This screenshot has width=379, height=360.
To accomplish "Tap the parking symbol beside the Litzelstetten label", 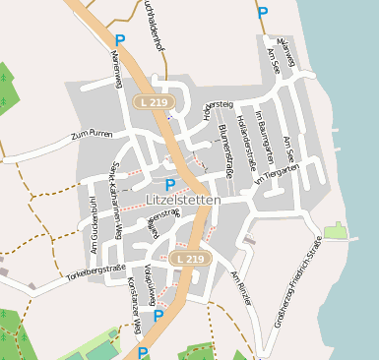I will coord(170,184).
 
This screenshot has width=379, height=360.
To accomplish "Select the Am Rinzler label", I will coord(241,287).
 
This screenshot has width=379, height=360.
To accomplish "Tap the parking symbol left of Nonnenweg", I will coord(120,40).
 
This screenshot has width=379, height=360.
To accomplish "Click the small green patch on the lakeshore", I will coord(336,231).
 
